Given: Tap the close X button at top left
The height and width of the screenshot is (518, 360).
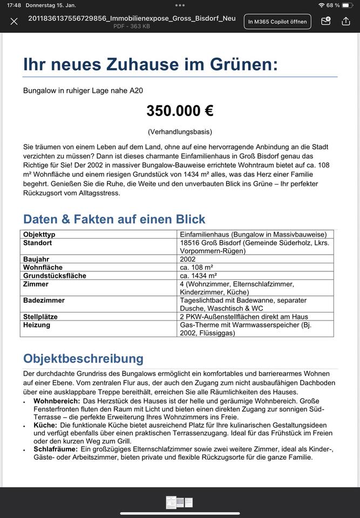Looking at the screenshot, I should [14, 22].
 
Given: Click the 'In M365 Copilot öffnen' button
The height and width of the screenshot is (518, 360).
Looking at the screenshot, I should [277, 22].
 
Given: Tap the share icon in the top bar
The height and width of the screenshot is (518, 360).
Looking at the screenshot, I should [346, 22].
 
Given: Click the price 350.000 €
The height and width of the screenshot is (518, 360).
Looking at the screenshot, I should [180, 111].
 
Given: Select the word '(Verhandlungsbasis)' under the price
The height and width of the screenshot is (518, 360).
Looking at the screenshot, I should [180, 132].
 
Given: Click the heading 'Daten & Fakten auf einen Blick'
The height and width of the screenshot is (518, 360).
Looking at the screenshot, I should [114, 219].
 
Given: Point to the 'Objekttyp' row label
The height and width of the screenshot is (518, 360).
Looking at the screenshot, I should [39, 234].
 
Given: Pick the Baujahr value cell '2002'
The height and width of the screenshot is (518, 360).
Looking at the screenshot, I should [188, 259].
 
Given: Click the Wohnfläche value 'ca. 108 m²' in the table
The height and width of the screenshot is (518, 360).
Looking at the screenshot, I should [196, 267].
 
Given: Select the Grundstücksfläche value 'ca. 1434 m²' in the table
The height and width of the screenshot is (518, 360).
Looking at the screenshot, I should [199, 276].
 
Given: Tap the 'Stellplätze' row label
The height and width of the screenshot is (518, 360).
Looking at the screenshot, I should [40, 317].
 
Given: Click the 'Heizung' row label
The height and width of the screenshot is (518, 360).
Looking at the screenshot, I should [37, 325].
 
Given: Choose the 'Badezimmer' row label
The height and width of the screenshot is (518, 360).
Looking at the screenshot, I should [44, 300].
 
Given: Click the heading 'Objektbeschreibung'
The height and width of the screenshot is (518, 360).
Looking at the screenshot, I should [83, 358].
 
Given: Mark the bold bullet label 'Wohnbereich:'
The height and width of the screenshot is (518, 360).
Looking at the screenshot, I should [57, 401].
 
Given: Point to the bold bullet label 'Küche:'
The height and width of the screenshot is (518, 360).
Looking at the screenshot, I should [45, 425].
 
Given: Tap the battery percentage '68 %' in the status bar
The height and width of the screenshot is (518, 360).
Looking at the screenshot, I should [333, 5].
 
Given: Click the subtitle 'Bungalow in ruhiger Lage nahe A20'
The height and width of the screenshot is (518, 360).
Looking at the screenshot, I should [83, 91].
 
